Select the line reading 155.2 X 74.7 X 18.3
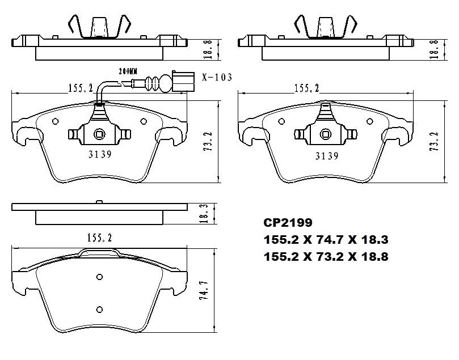click(326, 240)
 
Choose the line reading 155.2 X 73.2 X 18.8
click(326, 257)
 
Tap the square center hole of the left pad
click(99, 134)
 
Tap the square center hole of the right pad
click(327, 134)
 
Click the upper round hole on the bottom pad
click(99, 277)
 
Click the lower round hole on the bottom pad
click(99, 309)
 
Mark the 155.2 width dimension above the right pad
click(306, 88)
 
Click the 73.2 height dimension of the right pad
click(435, 142)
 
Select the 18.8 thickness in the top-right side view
click(434, 48)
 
